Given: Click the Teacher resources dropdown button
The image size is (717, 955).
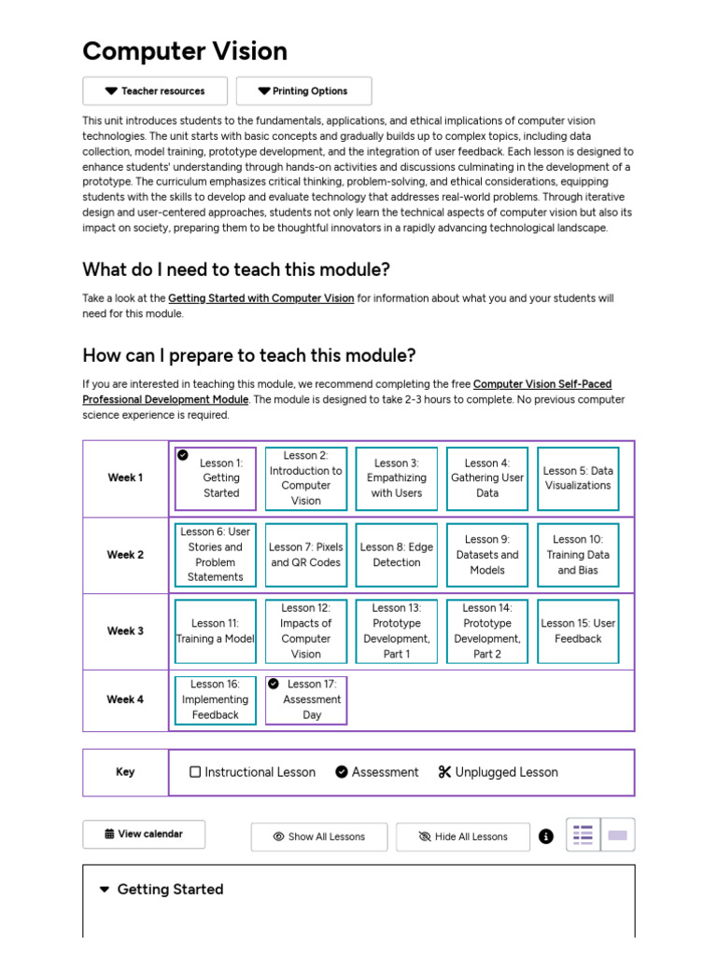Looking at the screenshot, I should pos(155,91).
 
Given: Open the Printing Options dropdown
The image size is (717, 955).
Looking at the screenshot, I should pos(303,91).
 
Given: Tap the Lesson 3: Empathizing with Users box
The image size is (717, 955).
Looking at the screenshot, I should pos(397,478).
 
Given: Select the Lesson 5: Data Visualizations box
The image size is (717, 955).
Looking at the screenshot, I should pos(578,478).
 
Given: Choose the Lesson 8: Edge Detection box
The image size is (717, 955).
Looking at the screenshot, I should pos(397,555).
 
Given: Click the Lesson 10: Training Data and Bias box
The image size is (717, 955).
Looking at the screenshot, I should pos(578,555).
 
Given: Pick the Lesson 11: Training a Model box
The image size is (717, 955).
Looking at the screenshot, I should pos(216,631).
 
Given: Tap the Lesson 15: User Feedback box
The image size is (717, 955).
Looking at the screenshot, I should pos(578,631).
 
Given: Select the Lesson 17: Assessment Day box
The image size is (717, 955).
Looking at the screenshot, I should pos(306,699).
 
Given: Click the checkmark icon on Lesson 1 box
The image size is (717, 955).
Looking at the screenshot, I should pos(183,455).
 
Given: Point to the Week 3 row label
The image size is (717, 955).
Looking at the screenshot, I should pos(125,631).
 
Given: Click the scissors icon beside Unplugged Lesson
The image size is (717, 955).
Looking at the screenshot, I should pos(444,772).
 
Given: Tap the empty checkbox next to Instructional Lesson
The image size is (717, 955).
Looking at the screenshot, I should pos(195,772).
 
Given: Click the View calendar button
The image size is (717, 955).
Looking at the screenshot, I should pos(144,834).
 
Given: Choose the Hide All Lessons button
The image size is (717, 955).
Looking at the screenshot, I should pos(463,837).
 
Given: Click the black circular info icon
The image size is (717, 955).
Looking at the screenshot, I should pos(546,837).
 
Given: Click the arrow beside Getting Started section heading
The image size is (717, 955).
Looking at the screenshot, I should pos(105,890).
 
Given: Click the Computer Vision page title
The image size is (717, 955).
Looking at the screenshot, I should pos(185,51).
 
